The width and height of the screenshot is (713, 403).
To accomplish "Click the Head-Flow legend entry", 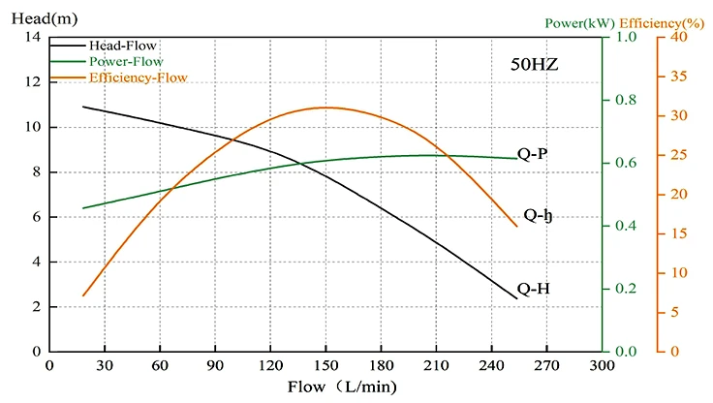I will (122, 46).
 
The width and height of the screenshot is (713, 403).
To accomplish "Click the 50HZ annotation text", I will (535, 66).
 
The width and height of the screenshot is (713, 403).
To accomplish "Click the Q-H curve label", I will (534, 288).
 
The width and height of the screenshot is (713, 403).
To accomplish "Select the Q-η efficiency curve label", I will (538, 215).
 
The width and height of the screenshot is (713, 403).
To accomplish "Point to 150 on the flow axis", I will (325, 365).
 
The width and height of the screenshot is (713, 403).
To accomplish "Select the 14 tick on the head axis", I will (33, 38).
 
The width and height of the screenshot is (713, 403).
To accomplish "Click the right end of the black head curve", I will (518, 298).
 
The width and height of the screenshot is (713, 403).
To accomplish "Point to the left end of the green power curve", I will (83, 208).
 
